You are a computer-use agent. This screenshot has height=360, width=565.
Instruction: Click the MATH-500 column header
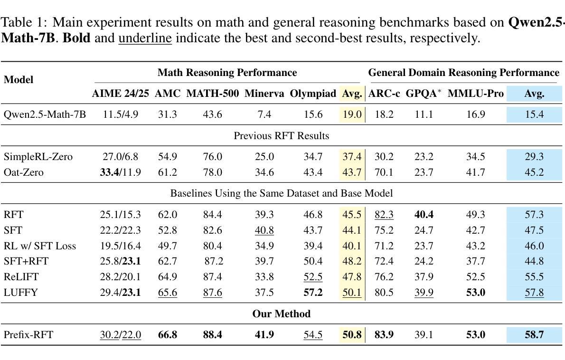coord(213,94)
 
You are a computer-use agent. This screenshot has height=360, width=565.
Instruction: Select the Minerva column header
coord(264,94)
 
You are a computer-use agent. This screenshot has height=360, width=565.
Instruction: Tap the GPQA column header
coord(424,94)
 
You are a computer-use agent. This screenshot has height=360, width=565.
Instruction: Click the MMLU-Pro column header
coord(476,94)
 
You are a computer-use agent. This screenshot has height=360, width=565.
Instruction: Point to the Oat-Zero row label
coord(23,172)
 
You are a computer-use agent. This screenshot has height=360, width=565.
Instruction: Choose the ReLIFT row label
coord(21,277)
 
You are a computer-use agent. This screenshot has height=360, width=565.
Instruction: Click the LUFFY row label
coord(20,292)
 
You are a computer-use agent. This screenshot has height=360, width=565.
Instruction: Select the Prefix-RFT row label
coord(28,335)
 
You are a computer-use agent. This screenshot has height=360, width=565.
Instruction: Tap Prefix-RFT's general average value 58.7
coord(534,335)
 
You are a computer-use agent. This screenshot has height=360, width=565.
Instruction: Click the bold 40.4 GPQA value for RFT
coord(424,215)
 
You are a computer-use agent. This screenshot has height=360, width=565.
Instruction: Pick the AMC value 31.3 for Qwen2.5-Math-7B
coord(168,114)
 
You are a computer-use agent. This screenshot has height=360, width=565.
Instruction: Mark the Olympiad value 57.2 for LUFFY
coord(313,292)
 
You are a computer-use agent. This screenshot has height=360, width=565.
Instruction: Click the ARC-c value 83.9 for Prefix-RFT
coord(384,335)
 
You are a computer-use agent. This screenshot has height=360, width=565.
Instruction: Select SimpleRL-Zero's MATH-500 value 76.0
coord(213,157)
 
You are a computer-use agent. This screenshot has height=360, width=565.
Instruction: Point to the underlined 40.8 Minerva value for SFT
coord(264,230)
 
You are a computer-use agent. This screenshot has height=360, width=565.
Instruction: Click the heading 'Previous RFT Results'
coord(282,136)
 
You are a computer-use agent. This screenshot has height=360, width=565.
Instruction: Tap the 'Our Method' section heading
coord(282,314)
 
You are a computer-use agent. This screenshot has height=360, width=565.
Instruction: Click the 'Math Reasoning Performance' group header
coord(227,73)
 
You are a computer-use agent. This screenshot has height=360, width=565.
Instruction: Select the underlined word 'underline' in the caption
coord(145,38)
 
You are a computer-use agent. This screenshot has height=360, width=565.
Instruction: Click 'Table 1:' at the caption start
coord(24,22)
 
